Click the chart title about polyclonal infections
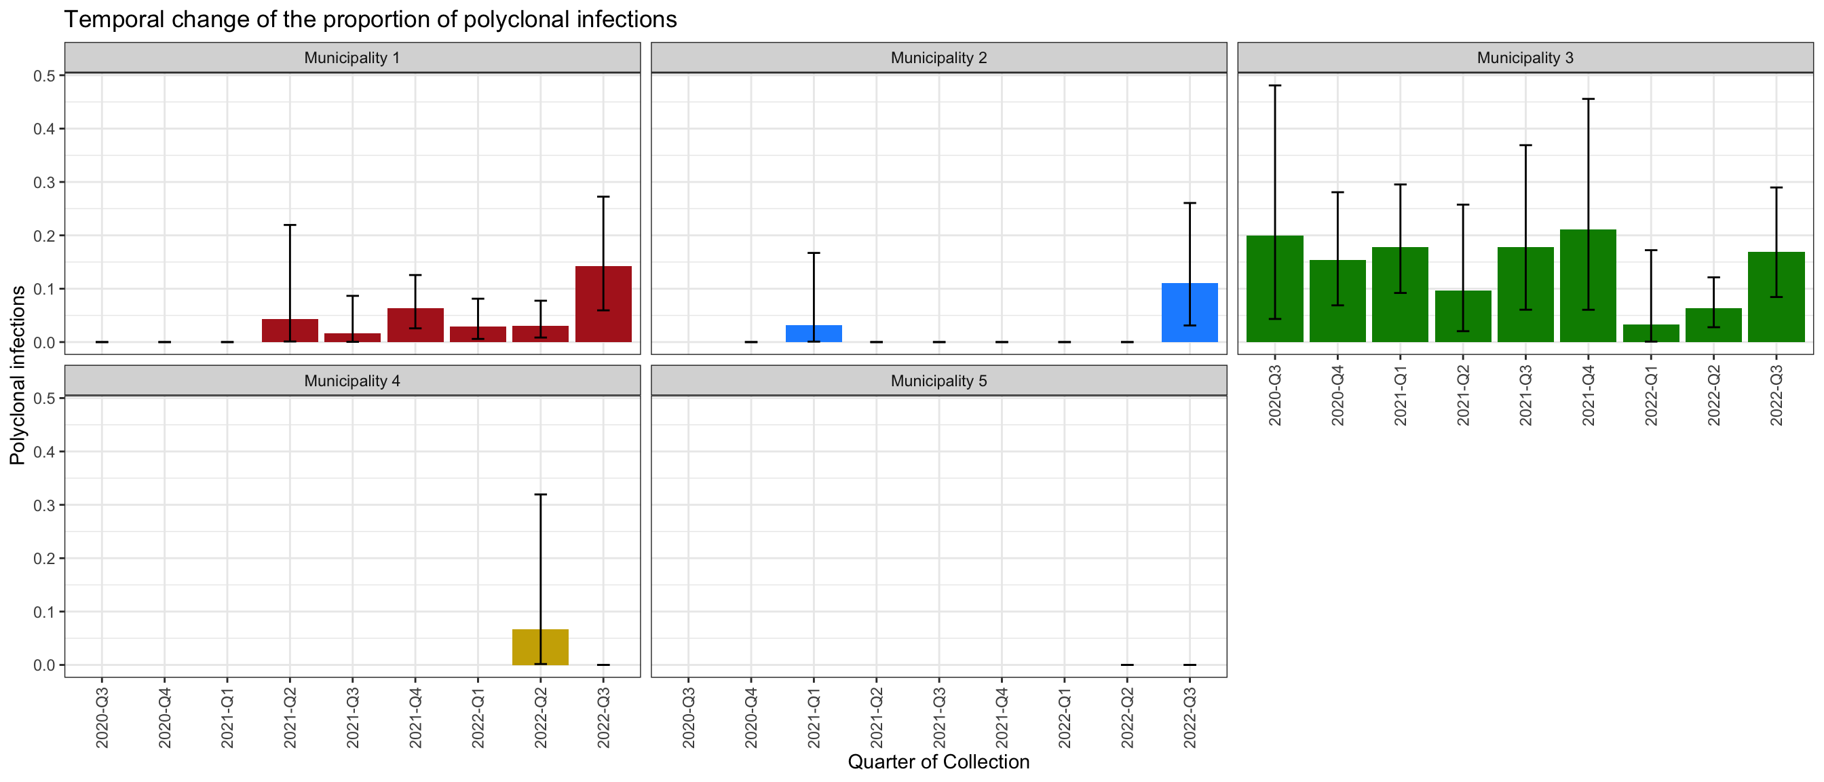pos(370,19)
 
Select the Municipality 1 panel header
pos(352,58)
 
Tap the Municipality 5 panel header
pos(938,381)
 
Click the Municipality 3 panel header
pos(1525,58)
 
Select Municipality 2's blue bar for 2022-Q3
pos(1190,313)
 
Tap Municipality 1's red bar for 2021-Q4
pos(416,326)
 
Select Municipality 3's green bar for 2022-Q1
pos(1650,333)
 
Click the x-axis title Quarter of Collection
pos(938,762)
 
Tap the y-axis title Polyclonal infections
pos(18,375)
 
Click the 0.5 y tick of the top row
pos(44,76)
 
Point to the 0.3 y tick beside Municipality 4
pos(44,505)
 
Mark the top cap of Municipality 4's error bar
pos(540,494)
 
